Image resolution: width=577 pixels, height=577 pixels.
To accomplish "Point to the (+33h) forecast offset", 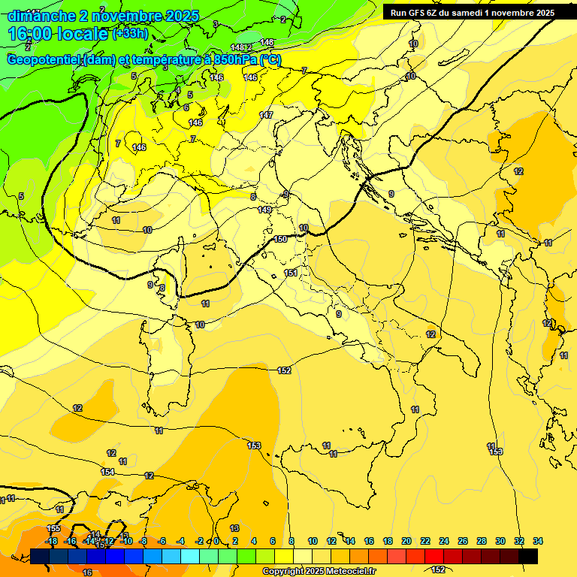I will click(x=131, y=35).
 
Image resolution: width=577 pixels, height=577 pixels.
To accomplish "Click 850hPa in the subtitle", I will click(x=235, y=60).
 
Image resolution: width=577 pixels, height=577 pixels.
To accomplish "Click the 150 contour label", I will click(x=281, y=239).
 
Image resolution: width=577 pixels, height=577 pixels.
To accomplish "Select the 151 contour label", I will click(x=291, y=273).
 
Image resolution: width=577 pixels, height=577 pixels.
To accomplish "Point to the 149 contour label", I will click(x=264, y=210).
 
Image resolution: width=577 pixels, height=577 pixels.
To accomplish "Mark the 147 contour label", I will click(x=266, y=115).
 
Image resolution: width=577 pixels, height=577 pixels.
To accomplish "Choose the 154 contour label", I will click(x=107, y=472).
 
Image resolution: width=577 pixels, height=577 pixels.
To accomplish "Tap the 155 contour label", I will click(x=53, y=529).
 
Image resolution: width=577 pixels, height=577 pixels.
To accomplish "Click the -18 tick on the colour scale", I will click(x=52, y=541).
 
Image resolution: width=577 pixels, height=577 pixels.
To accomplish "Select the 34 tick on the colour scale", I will click(x=538, y=541).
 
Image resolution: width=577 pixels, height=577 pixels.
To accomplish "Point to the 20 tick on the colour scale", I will click(x=406, y=541).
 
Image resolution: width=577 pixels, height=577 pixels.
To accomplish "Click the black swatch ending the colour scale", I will click(x=528, y=556).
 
